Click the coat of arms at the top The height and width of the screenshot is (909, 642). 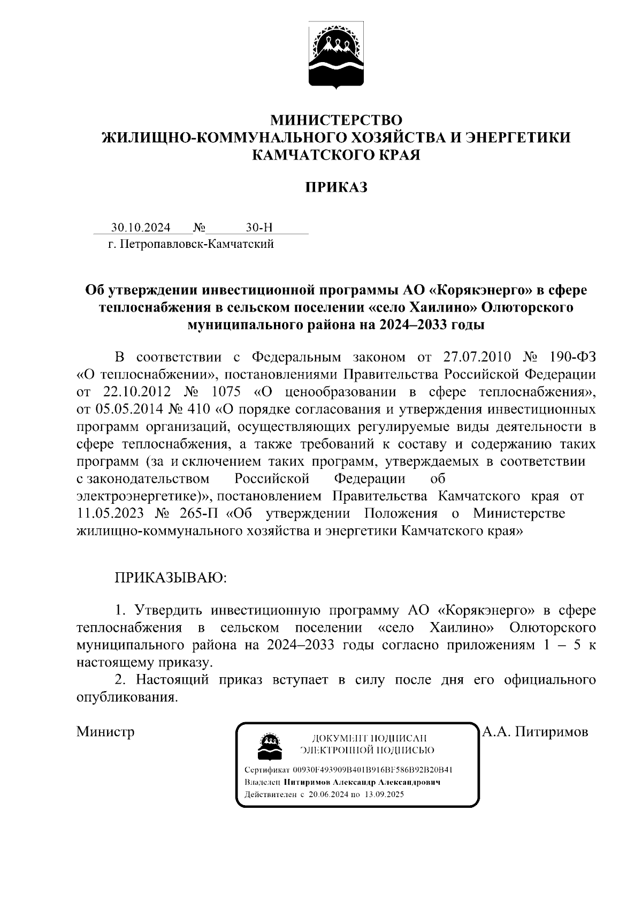coord(336,57)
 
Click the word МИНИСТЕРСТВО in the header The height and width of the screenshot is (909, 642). coord(336,119)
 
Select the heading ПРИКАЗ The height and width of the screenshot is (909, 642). coord(336,187)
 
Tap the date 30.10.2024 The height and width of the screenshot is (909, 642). coord(141,228)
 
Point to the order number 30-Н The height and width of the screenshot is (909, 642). coord(259,228)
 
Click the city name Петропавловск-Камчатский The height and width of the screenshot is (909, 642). coord(197,245)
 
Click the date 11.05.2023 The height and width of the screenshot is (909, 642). coord(110,513)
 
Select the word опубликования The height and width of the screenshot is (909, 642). coord(127,698)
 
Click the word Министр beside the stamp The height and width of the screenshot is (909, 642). coord(105,731)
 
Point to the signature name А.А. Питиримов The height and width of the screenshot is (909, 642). coord(536,731)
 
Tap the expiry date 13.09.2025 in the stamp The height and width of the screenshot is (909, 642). coord(384,794)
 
